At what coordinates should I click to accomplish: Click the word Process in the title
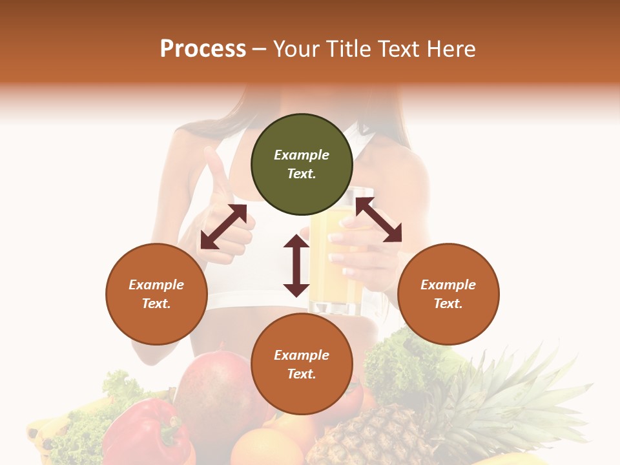(x=203, y=49)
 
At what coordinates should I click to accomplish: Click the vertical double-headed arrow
(x=296, y=265)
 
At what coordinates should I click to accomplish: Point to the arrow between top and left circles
(x=223, y=227)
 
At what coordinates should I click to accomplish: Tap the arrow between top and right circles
(x=378, y=220)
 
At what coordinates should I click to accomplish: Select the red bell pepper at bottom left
(x=145, y=433)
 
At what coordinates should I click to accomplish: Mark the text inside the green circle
(x=302, y=165)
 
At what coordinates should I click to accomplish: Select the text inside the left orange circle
(x=156, y=294)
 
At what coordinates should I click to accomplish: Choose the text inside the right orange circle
(x=448, y=294)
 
